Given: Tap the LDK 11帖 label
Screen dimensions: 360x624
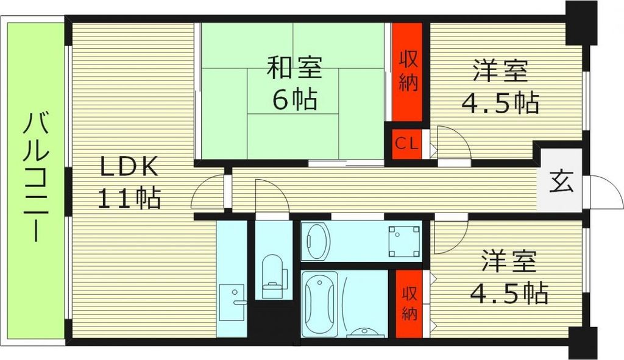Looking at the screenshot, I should (x=129, y=182).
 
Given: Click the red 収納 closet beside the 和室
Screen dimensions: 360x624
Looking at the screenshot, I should (x=408, y=72).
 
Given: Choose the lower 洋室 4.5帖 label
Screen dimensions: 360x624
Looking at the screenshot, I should (x=509, y=278).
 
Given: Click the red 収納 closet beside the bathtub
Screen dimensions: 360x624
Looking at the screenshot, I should (x=409, y=304).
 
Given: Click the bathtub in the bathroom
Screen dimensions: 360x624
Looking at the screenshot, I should (x=320, y=301).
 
